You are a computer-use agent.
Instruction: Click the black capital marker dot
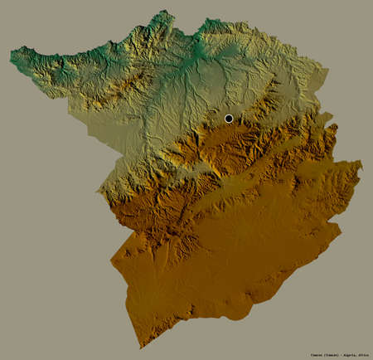click(229, 119)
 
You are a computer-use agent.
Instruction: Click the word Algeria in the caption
click(325, 353)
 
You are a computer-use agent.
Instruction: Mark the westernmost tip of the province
click(11, 56)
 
